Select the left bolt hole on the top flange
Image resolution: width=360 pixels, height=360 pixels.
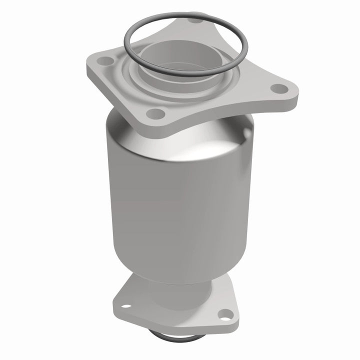tap(105, 61)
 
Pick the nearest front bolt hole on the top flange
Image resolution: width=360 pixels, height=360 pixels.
tap(156, 112)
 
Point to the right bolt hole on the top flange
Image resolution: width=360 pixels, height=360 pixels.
tap(279, 89)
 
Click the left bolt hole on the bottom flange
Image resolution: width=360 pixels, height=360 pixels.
tap(125, 305)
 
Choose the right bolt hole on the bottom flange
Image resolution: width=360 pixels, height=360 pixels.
tap(225, 314)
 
